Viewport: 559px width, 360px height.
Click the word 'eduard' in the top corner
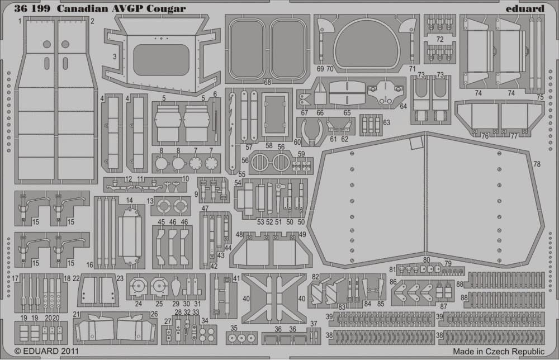(x=525, y=8)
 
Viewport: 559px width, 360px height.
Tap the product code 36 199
(x=32, y=8)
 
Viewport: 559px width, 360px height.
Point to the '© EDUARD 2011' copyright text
(x=46, y=351)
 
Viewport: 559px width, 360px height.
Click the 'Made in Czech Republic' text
(x=499, y=352)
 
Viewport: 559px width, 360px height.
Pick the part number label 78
(x=537, y=164)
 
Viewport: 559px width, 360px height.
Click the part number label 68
(x=267, y=82)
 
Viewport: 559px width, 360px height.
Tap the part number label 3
(x=115, y=56)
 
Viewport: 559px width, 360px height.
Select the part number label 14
(x=129, y=200)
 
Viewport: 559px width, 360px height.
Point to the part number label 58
(x=269, y=146)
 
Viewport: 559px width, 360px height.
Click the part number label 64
(x=403, y=106)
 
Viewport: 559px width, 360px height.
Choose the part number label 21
(x=76, y=314)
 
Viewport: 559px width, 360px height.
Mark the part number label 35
(x=234, y=328)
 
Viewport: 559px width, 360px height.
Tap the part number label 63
(x=386, y=122)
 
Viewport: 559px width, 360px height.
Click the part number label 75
(x=540, y=97)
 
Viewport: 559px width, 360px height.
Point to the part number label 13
(x=150, y=201)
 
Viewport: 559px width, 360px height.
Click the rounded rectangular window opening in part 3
(x=161, y=60)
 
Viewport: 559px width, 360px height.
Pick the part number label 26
(x=154, y=314)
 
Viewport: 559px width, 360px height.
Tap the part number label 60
(x=297, y=142)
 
